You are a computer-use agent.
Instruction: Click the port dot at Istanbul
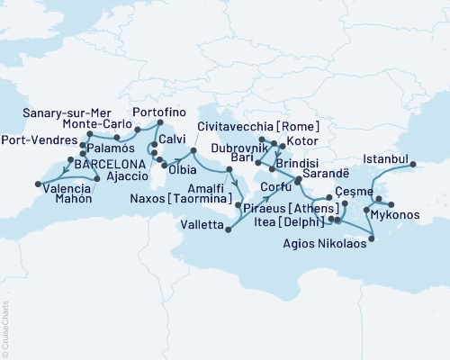click(x=415, y=164)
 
